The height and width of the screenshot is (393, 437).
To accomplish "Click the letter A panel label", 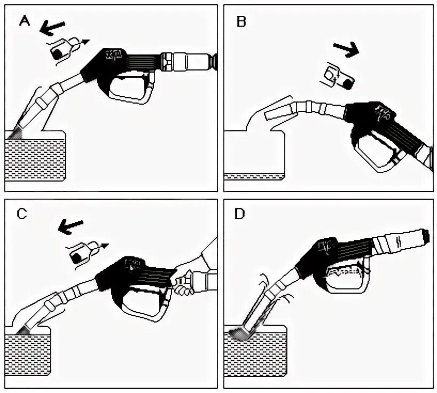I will point(24,21).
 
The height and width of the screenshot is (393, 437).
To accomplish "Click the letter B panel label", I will point(241,22).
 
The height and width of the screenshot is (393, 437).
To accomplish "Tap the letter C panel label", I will point(21,214).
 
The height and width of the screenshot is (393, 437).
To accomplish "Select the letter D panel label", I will point(239,214).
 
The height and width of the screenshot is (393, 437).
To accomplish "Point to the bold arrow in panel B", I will point(346,49).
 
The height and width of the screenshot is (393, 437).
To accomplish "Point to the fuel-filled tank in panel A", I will point(35,158).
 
